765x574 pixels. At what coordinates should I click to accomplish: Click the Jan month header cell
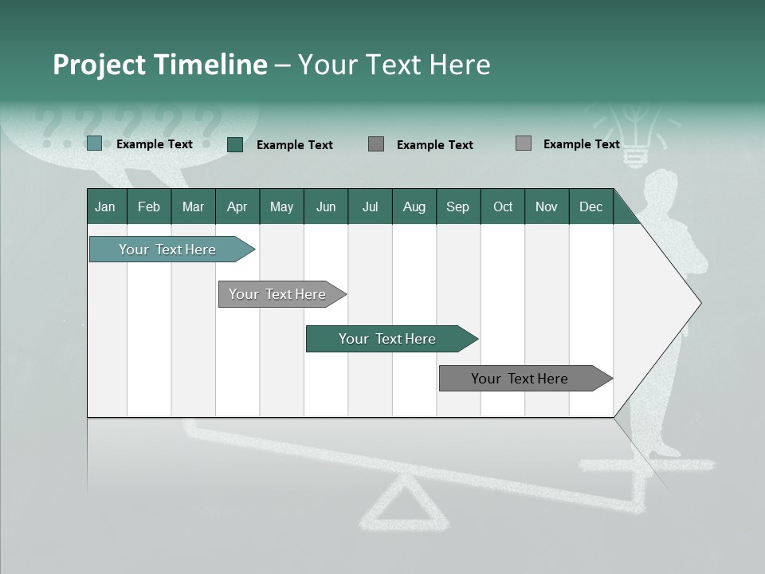(x=106, y=206)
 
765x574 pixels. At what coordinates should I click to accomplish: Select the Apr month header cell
(x=237, y=206)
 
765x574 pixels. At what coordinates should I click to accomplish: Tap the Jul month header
(x=370, y=206)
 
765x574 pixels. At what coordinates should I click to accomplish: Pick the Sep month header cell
(x=458, y=206)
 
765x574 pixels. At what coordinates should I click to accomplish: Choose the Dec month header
(x=590, y=206)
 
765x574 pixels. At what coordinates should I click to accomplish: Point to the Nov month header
(x=547, y=206)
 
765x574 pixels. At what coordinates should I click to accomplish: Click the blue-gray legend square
(x=94, y=143)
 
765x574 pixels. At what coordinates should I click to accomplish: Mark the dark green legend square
(x=234, y=144)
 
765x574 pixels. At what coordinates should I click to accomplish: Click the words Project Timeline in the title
(x=159, y=65)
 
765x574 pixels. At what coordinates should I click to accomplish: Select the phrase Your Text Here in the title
(x=394, y=65)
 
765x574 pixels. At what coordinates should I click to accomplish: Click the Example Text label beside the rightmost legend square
(x=581, y=144)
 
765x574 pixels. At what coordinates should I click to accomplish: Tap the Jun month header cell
(x=326, y=206)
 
